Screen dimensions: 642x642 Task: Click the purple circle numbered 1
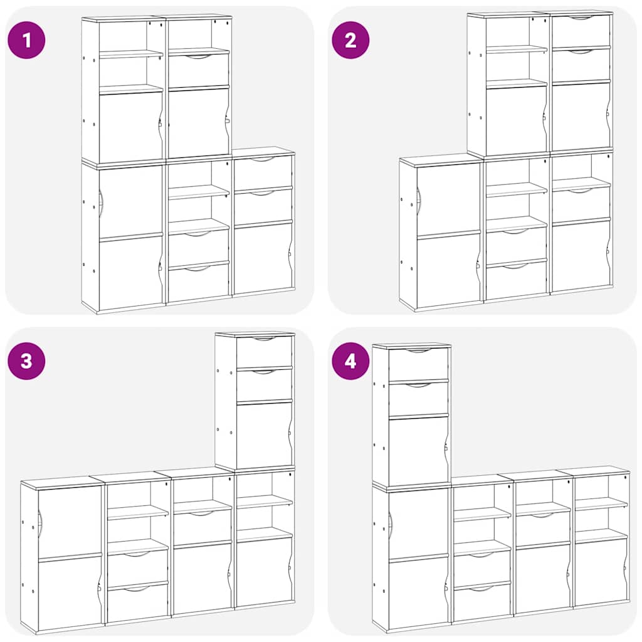pyautogui.click(x=26, y=40)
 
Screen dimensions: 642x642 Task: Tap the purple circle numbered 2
pyautogui.click(x=350, y=40)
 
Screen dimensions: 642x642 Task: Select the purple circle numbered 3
pyautogui.click(x=26, y=360)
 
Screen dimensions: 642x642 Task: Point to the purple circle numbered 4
pyautogui.click(x=350, y=360)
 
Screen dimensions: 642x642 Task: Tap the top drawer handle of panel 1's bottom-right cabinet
pyautogui.click(x=263, y=160)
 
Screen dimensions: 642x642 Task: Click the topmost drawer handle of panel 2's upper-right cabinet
pyautogui.click(x=581, y=18)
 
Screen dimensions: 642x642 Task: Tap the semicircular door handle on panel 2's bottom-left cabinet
pyautogui.click(x=419, y=200)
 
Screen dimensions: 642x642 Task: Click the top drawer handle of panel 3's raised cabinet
pyautogui.click(x=264, y=339)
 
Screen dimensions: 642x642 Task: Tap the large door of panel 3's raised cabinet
pyautogui.click(x=264, y=435)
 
